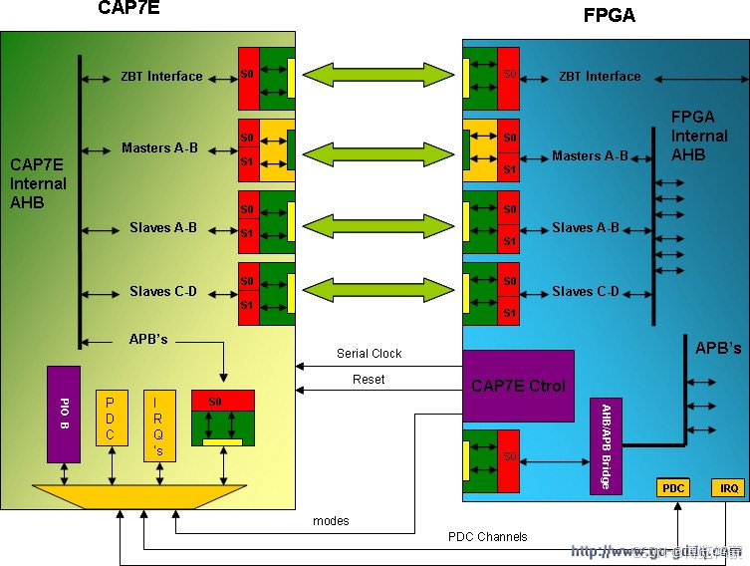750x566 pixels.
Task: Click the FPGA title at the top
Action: tap(609, 16)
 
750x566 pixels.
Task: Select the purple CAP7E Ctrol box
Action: tap(518, 386)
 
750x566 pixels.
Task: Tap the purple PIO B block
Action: tap(64, 414)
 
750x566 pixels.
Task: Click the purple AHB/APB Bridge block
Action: tap(606, 446)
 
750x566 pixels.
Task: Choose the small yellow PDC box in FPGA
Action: tap(674, 488)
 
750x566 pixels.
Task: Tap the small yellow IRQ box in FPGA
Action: tap(728, 488)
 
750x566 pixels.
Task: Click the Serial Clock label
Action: tap(369, 354)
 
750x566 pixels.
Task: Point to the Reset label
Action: tap(369, 380)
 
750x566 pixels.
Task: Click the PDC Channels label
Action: tap(487, 537)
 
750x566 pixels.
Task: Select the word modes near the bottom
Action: tap(331, 520)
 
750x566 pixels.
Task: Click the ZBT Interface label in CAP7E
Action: tap(161, 76)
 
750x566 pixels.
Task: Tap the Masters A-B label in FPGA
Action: tap(590, 155)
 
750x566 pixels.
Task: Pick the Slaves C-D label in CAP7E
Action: tap(163, 292)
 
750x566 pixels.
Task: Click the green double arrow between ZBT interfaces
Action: tap(378, 75)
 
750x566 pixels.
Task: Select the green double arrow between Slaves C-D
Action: tap(378, 291)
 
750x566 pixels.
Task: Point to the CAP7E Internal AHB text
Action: tap(38, 183)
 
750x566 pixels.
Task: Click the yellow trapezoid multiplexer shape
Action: tap(139, 496)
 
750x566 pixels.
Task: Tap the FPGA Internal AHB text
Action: tap(691, 136)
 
